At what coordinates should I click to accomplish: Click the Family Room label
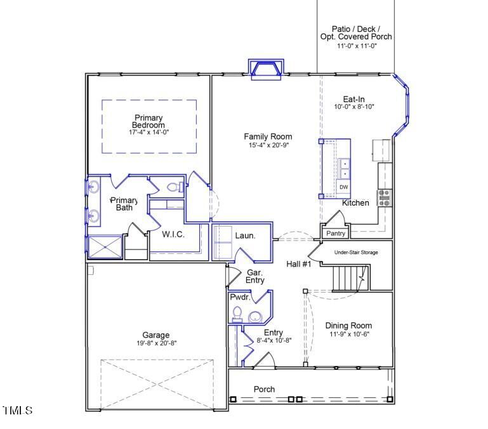(x=268, y=136)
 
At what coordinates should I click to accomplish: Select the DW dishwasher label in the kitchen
(x=343, y=187)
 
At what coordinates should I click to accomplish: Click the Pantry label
(x=335, y=234)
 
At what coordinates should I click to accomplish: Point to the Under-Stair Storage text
(x=356, y=253)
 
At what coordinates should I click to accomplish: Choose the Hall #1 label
(x=298, y=264)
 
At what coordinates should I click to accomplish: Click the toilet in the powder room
(x=238, y=313)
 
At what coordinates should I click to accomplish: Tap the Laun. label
(x=245, y=235)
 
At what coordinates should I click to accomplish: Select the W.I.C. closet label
(x=173, y=234)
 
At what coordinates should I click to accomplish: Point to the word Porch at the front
(x=264, y=389)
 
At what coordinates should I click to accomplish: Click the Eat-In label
(x=354, y=99)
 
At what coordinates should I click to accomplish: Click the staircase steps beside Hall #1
(x=347, y=277)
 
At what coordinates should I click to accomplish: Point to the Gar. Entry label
(x=255, y=276)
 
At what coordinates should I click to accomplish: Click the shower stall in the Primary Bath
(x=105, y=247)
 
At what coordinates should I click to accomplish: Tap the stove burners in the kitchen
(x=384, y=198)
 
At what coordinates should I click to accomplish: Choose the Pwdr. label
(x=240, y=296)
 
